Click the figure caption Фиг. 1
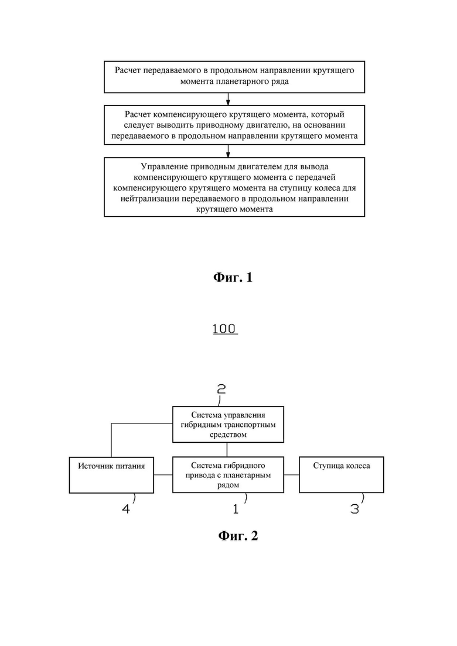tap(233, 277)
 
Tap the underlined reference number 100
tap(225, 329)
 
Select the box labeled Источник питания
tap(111, 474)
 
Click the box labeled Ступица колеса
tap(341, 474)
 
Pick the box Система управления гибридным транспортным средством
tap(228, 425)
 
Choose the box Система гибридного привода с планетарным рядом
tap(228, 474)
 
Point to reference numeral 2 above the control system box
tap(221, 389)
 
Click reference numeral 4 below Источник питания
tap(126, 509)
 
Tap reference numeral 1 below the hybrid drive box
tap(236, 509)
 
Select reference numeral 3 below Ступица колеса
tap(354, 509)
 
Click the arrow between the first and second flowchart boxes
tap(228, 99)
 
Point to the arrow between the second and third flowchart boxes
tap(228, 151)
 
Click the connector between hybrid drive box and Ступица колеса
tap(291, 474)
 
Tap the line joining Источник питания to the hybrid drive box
tap(163, 474)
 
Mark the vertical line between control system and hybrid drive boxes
tap(227, 449)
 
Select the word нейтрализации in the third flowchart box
tap(147, 199)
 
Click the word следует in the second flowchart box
tap(137, 125)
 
